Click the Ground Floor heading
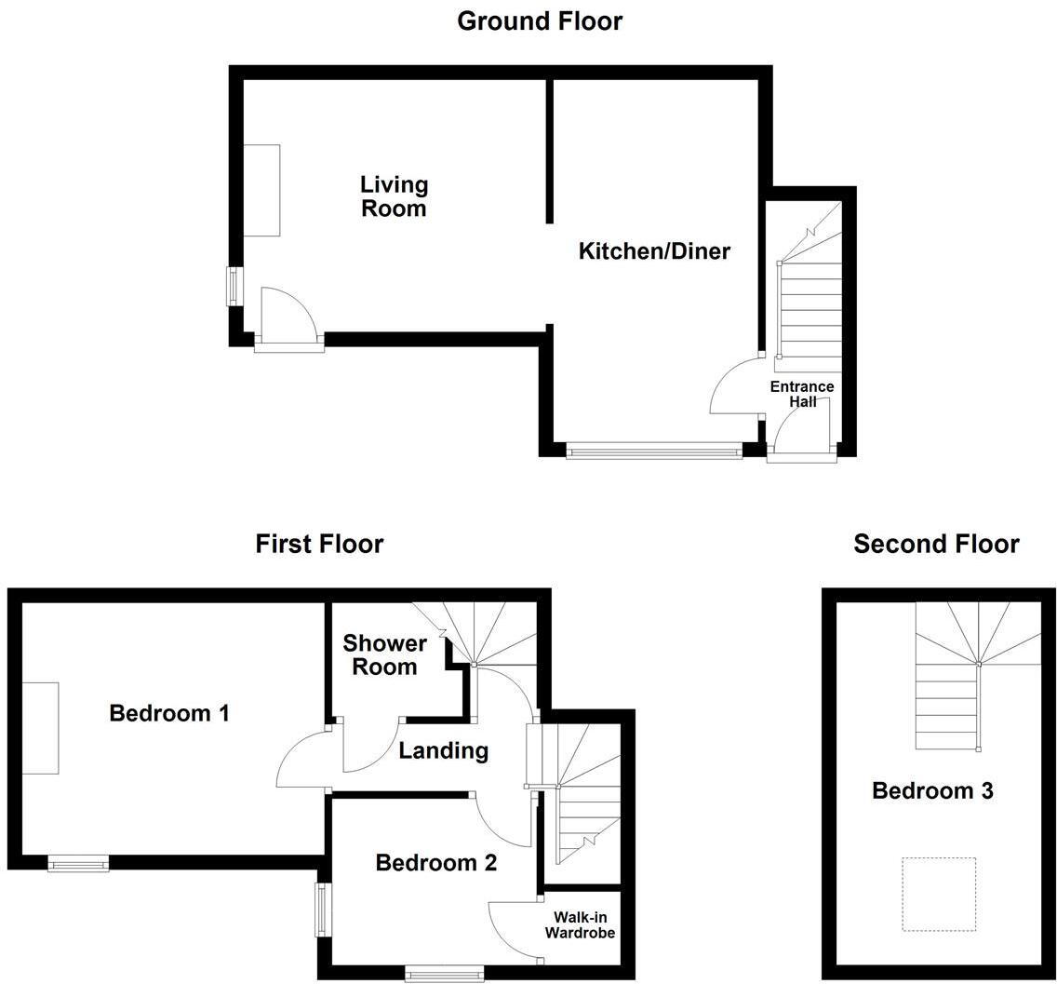click(540, 20)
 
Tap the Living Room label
click(394, 196)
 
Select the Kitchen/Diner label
click(654, 250)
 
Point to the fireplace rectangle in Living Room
click(261, 190)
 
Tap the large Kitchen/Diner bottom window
click(654, 452)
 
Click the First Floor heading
click(319, 544)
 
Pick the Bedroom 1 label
click(169, 713)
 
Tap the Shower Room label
click(384, 654)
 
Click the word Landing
click(443, 750)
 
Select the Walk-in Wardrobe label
click(580, 924)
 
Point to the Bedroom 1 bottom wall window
click(78, 865)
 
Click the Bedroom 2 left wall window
click(321, 910)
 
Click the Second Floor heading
click(936, 544)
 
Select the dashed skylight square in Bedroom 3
click(938, 894)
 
